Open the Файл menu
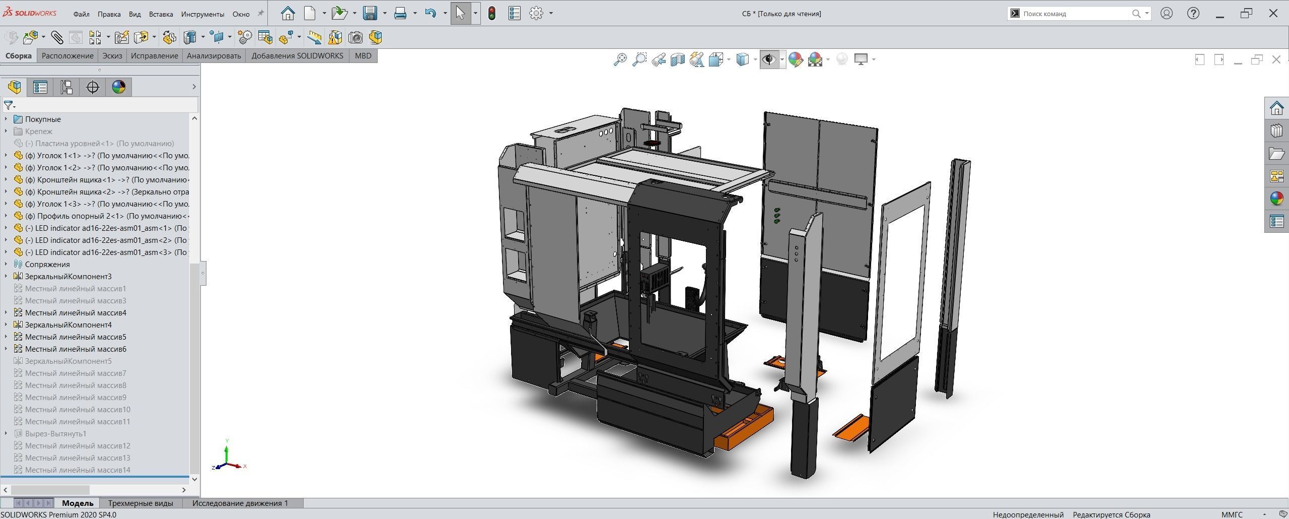click(81, 14)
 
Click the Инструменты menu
click(202, 14)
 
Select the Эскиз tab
click(112, 56)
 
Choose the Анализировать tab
click(213, 56)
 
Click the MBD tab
click(363, 56)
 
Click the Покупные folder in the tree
click(43, 119)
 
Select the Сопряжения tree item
click(47, 265)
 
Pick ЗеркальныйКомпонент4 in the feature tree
click(68, 325)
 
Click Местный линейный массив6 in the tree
click(76, 349)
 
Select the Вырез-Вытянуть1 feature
click(55, 434)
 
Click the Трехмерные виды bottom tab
click(140, 503)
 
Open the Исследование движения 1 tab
click(240, 503)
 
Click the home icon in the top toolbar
click(288, 14)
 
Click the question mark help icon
click(1193, 14)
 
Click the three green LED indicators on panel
click(777, 215)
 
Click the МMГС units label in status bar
click(1232, 514)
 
